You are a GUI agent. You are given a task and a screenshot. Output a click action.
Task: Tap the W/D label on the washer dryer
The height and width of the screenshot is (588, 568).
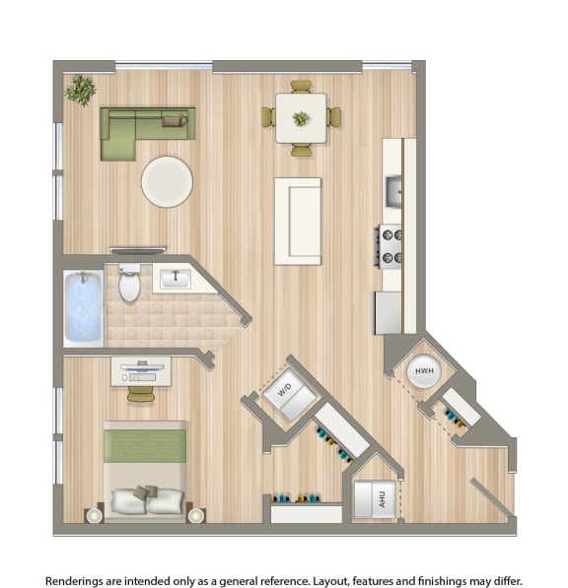[285, 391]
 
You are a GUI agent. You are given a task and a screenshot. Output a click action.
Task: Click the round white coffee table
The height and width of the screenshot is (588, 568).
[167, 181]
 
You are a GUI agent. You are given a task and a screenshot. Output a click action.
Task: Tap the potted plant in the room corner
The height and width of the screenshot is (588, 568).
[81, 89]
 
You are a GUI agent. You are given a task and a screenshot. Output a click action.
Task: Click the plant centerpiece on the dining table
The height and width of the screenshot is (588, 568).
[301, 118]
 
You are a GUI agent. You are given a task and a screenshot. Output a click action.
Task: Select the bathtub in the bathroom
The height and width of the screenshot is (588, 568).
[84, 306]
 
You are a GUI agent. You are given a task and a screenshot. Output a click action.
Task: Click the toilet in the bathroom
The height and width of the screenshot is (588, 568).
[129, 283]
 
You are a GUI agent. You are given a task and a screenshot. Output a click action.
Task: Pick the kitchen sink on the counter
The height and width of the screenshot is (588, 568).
[393, 190]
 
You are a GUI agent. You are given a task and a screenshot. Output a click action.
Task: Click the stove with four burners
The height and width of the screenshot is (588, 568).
[390, 245]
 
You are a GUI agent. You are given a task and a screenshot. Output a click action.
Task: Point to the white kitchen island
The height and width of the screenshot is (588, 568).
[297, 221]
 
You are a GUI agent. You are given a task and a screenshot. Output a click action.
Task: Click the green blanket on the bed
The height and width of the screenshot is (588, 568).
[145, 445]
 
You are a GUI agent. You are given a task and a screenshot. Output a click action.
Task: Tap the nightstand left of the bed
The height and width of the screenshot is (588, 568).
[95, 514]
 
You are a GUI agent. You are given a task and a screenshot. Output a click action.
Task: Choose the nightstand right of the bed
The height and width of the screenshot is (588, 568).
[195, 514]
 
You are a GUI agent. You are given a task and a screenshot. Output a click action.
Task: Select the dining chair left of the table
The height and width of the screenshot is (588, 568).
[267, 117]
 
